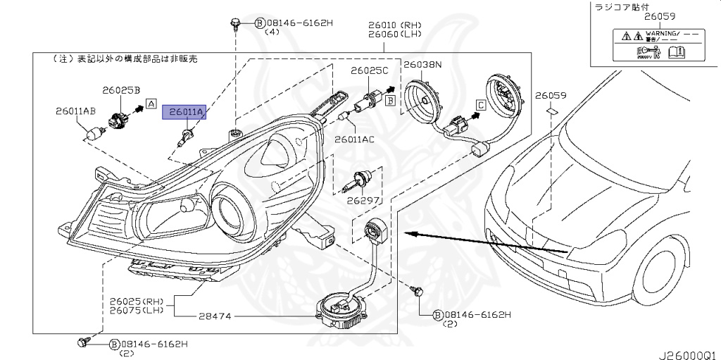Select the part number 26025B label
point(121,90)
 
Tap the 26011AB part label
point(76,111)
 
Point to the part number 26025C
point(370,71)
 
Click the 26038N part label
point(422,64)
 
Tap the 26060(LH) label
point(384,33)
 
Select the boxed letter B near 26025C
point(389,101)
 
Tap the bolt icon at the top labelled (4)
point(235,26)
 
